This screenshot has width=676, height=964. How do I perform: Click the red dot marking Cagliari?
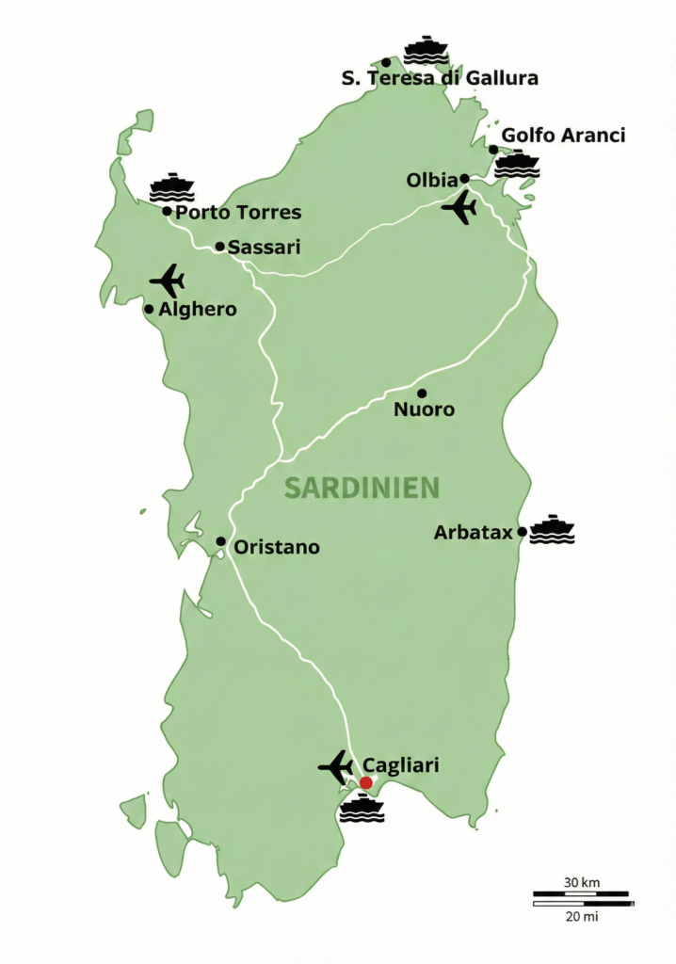[366, 782]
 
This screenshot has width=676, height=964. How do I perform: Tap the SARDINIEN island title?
[362, 488]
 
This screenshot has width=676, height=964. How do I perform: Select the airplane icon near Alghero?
[168, 281]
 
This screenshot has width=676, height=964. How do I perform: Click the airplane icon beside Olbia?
[460, 208]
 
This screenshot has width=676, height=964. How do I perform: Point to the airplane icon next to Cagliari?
[336, 767]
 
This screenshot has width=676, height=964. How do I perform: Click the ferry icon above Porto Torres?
[171, 188]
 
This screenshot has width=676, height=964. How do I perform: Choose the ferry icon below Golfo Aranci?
[517, 164]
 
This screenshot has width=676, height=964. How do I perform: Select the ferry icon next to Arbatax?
[552, 530]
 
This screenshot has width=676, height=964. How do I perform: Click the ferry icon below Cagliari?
[362, 809]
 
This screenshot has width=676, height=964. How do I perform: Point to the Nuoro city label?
[425, 410]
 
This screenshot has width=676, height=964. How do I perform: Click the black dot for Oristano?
[220, 541]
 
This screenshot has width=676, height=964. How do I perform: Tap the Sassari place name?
[265, 248]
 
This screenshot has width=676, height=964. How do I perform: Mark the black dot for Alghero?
[149, 309]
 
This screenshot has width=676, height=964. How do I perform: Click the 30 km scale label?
[582, 882]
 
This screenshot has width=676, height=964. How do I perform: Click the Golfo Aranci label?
[563, 136]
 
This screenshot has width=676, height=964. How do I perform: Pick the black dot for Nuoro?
[422, 393]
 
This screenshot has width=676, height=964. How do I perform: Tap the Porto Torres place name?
[238, 213]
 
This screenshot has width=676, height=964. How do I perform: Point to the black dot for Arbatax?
[522, 532]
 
